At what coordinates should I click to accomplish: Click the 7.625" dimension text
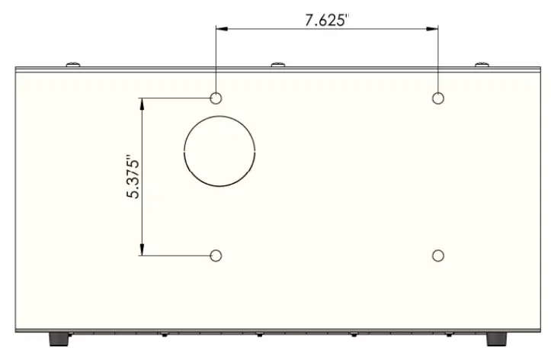pos(326,20)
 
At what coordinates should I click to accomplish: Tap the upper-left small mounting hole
pos(216,98)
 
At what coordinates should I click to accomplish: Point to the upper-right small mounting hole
pos(438,98)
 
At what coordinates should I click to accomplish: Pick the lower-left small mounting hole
pos(216,256)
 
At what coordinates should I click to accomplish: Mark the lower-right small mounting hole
pos(438,256)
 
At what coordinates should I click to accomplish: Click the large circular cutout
pos(219,153)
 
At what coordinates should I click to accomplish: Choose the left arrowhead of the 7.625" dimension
pos(221,30)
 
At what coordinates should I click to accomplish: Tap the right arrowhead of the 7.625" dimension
pos(433,30)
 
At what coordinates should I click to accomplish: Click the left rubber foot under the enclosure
pos(58,338)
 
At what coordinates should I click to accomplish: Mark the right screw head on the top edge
pos(481,64)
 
